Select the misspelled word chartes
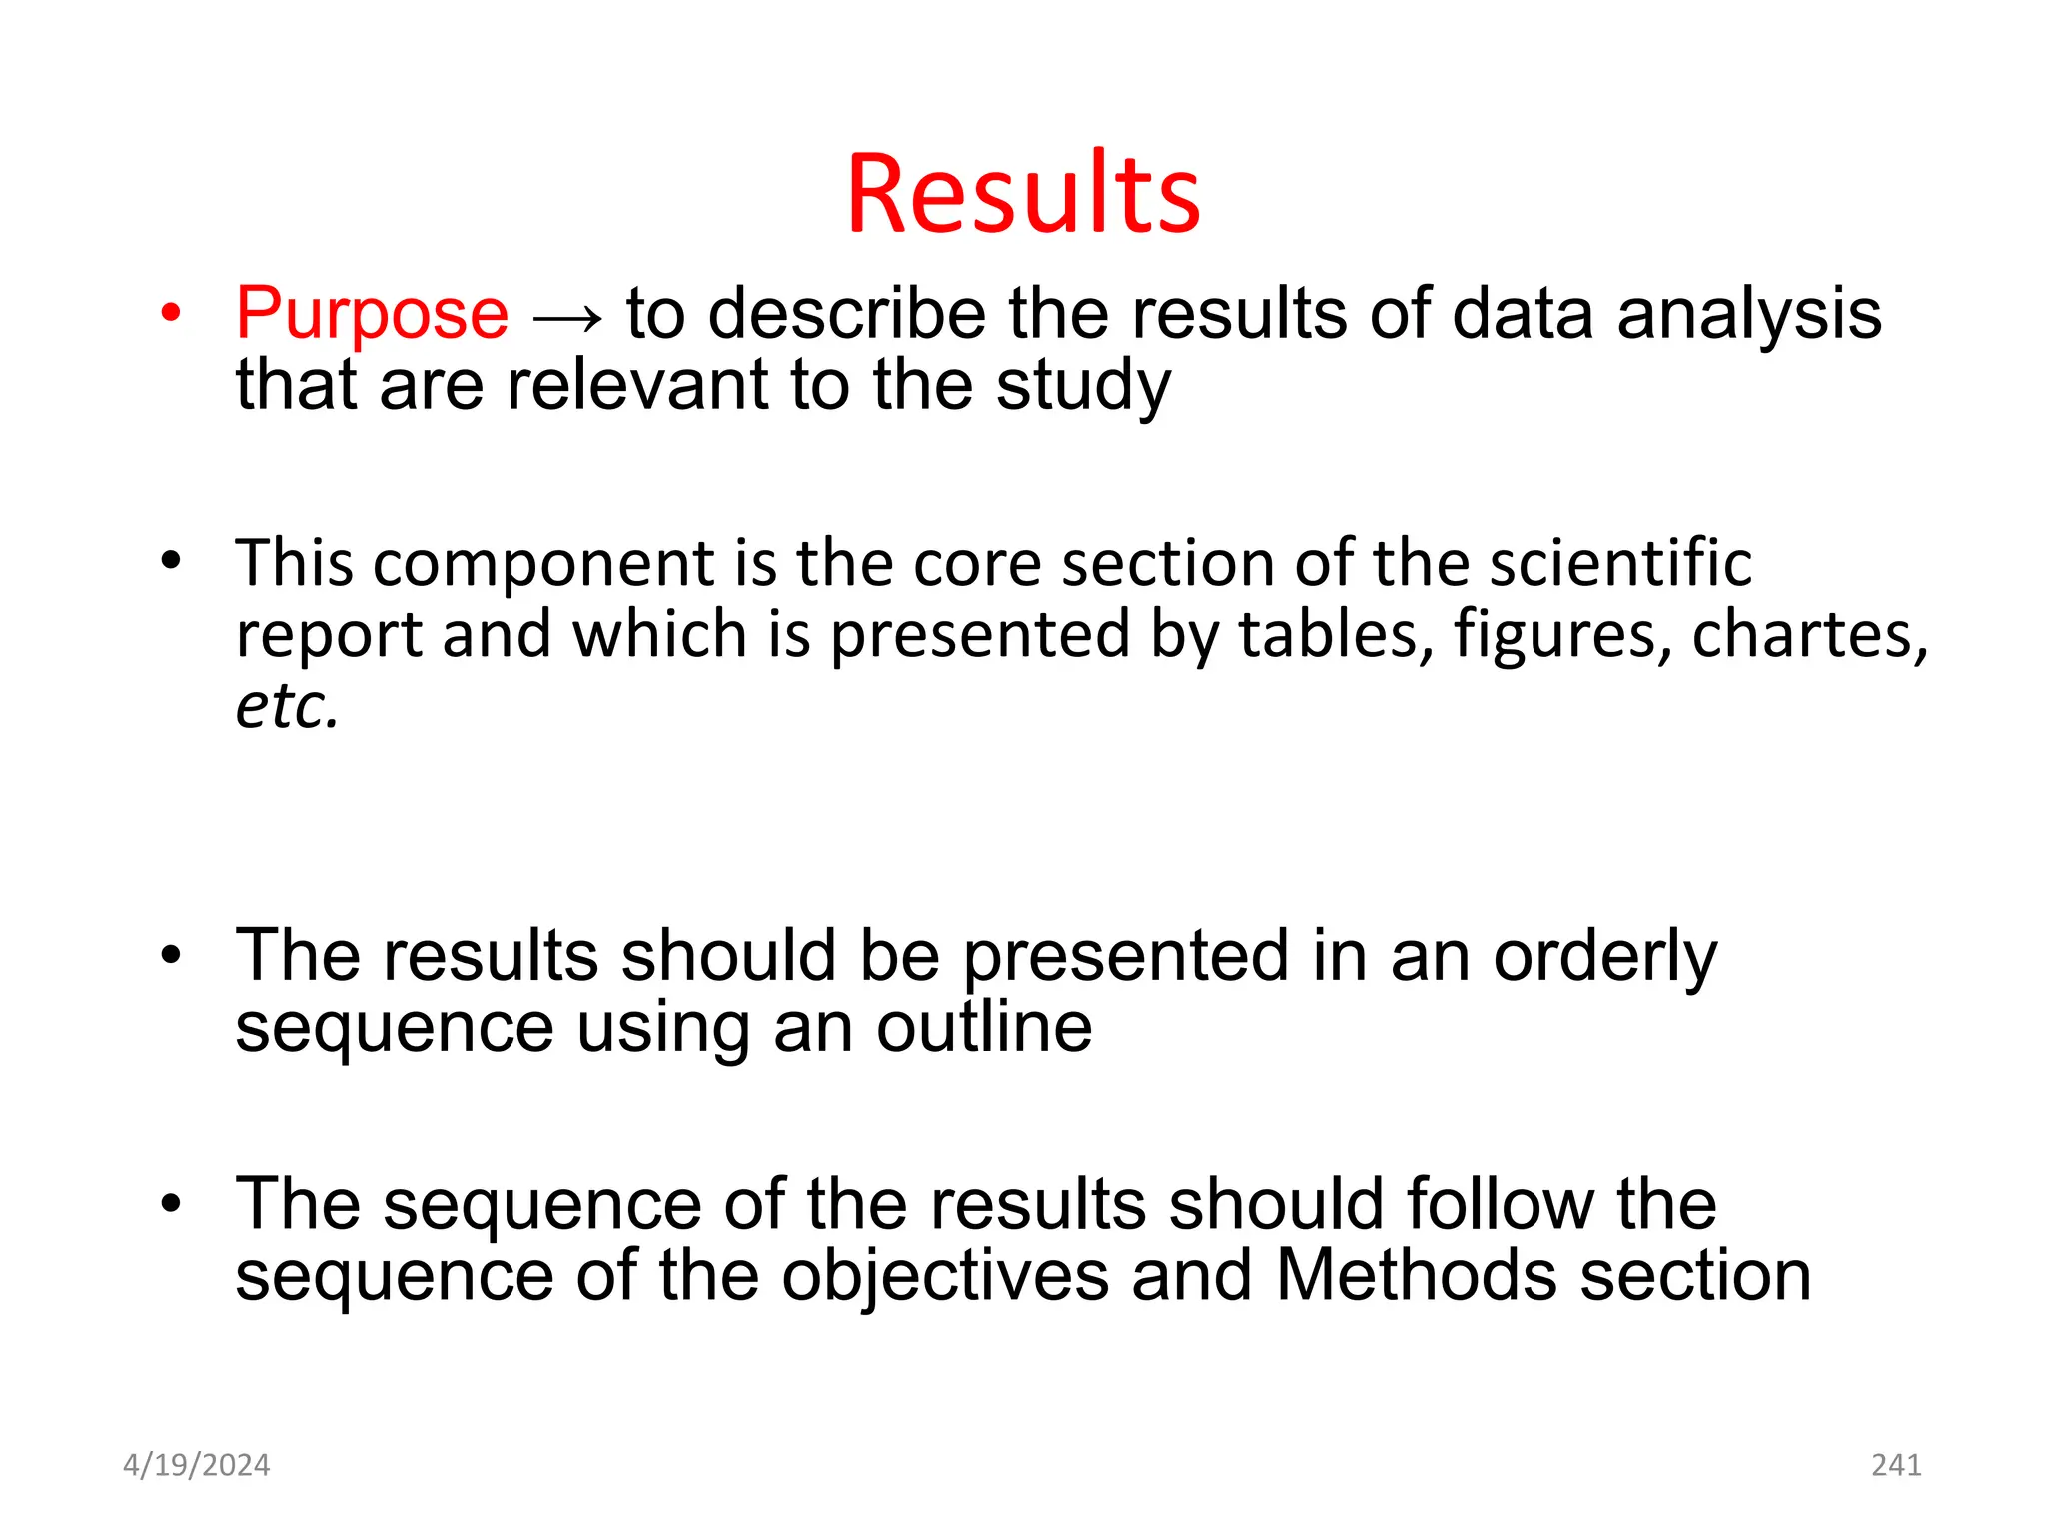pos(1803,634)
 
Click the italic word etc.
pos(287,706)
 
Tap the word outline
pos(984,1027)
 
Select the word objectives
pos(945,1277)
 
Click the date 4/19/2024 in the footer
pos(197,1465)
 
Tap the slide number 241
pos(1896,1465)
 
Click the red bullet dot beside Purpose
pos(171,314)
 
